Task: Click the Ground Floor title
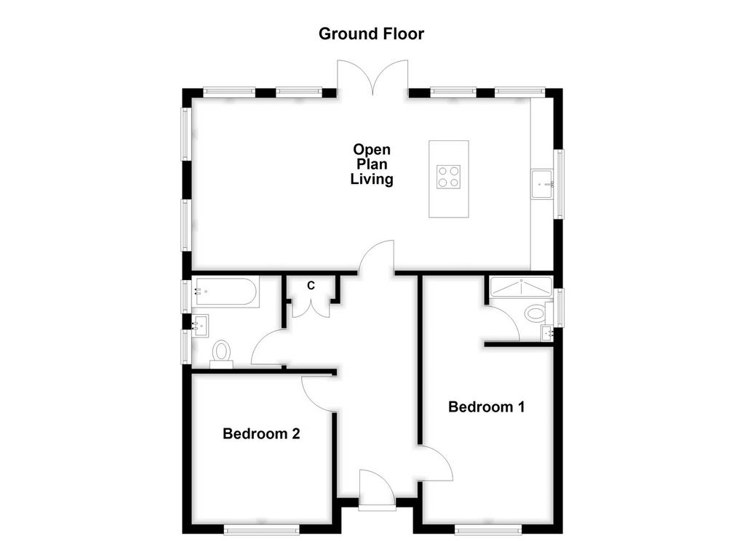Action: (371, 33)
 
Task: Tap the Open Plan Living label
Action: (372, 164)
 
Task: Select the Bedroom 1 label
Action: (487, 407)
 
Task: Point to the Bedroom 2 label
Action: (261, 433)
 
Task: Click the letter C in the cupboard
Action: (311, 286)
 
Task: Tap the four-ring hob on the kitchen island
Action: (448, 177)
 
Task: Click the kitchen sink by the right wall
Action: (542, 184)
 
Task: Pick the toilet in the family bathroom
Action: (221, 354)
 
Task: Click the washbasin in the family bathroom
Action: (200, 326)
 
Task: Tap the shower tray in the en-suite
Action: (521, 287)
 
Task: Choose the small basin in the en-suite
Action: (548, 334)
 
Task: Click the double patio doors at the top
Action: (372, 76)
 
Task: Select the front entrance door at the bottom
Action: (378, 489)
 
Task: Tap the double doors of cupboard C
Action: (311, 309)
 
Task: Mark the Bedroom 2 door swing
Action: (319, 394)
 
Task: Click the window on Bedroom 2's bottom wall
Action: (261, 529)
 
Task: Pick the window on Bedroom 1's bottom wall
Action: (488, 529)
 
